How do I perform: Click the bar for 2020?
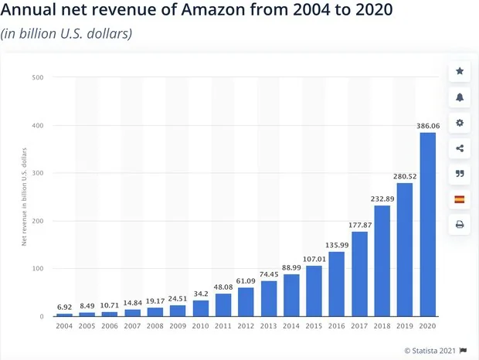[427, 224]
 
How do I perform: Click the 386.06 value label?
[427, 124]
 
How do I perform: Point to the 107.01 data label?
[314, 258]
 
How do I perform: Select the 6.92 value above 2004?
[64, 306]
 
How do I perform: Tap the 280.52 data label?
[405, 175]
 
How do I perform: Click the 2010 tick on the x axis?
[200, 327]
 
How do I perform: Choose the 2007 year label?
[132, 327]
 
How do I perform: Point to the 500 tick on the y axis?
[38, 77]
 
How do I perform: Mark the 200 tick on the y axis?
[38, 221]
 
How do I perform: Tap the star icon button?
[460, 71]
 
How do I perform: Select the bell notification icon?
[460, 97]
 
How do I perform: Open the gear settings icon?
[460, 122]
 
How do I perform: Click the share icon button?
[460, 148]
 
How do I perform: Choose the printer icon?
[460, 224]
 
